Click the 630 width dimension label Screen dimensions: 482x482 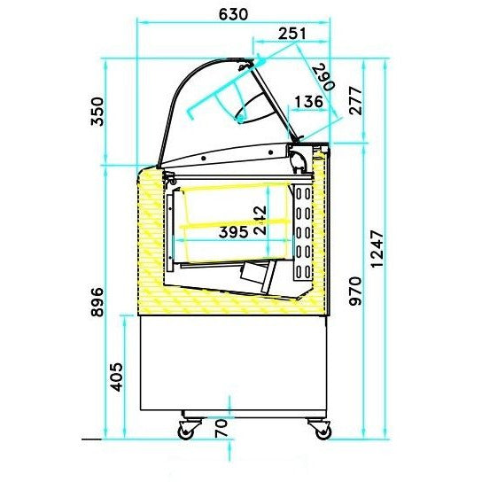(233, 14)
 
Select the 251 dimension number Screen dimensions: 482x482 (292, 34)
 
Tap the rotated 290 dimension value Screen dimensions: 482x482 (323, 77)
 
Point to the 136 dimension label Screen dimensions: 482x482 (308, 101)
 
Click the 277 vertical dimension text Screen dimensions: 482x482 (356, 101)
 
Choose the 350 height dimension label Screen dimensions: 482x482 (97, 112)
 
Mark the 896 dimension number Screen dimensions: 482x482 (97, 302)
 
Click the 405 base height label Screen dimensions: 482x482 (116, 377)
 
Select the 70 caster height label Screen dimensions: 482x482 (222, 428)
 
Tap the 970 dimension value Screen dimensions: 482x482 (355, 292)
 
